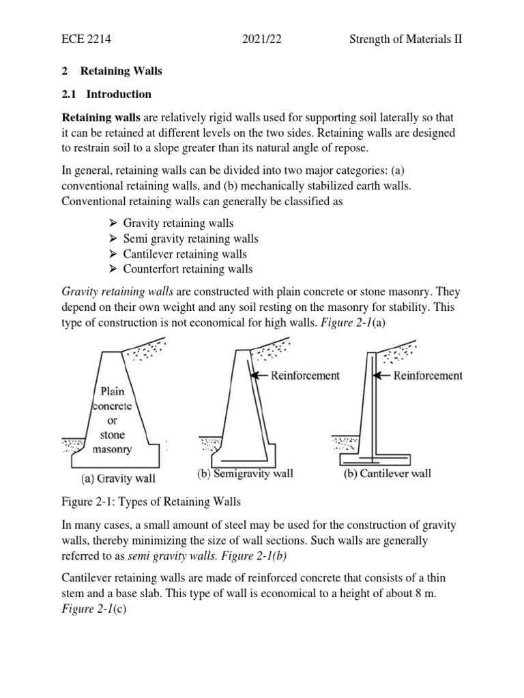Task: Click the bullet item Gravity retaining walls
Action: [178, 224]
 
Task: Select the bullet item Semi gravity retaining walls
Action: [191, 239]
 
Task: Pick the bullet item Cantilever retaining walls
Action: [185, 254]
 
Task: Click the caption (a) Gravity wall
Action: [121, 479]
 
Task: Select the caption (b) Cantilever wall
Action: [387, 474]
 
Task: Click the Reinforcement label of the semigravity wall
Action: [305, 375]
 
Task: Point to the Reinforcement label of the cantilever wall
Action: [428, 375]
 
